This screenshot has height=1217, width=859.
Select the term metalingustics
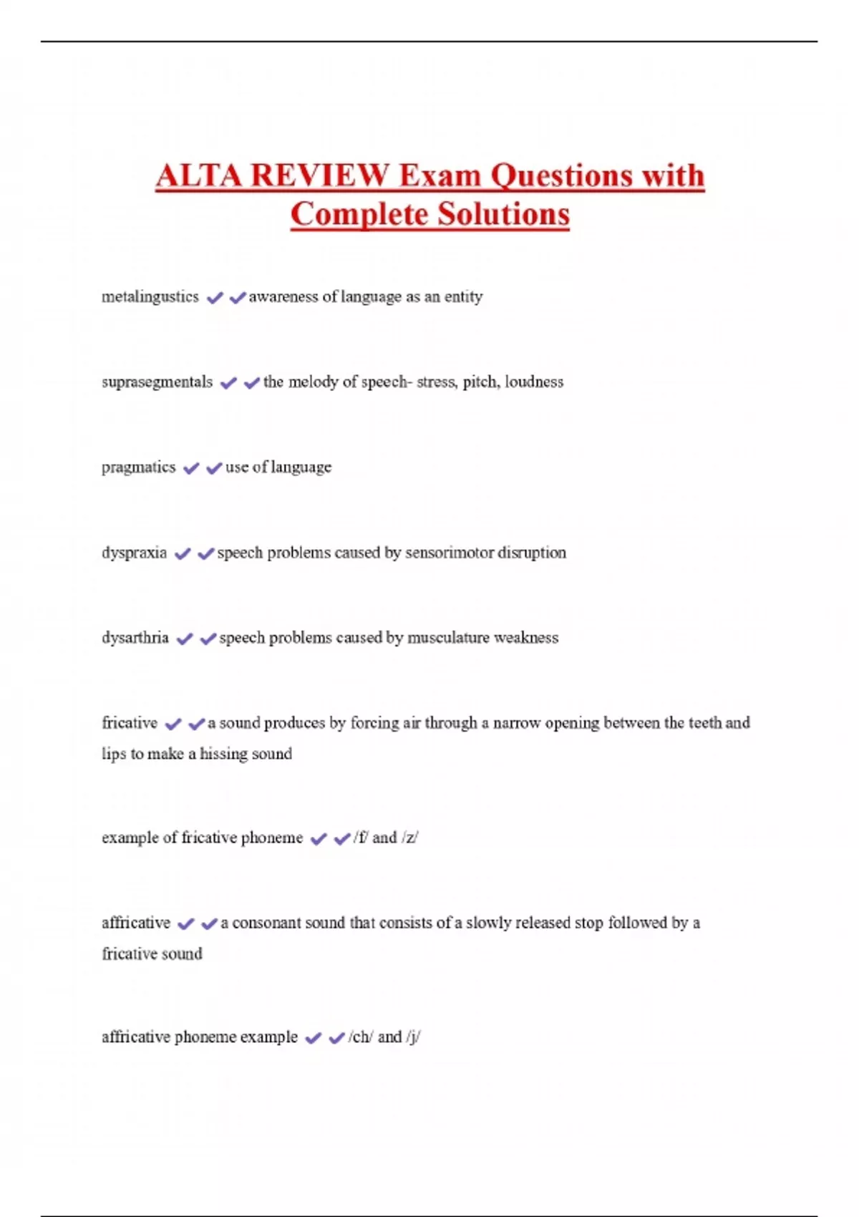pyautogui.click(x=150, y=296)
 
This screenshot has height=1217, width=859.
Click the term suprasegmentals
pyautogui.click(x=157, y=382)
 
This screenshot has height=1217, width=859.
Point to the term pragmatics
pyautogui.click(x=138, y=467)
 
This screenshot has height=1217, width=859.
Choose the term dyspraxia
pyautogui.click(x=134, y=553)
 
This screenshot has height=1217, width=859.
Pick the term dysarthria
pyautogui.click(x=135, y=638)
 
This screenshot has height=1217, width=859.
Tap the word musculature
pyautogui.click(x=447, y=638)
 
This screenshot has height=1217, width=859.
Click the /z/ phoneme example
pyautogui.click(x=410, y=838)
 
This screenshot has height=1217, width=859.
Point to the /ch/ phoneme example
pyautogui.click(x=360, y=1037)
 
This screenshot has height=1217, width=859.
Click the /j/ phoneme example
pyautogui.click(x=413, y=1037)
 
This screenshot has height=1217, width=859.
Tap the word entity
pyautogui.click(x=463, y=296)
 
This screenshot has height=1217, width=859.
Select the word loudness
pyautogui.click(x=534, y=382)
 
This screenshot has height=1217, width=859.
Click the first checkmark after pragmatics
pyautogui.click(x=190, y=468)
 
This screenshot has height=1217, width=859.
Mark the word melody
pyautogui.click(x=313, y=382)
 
